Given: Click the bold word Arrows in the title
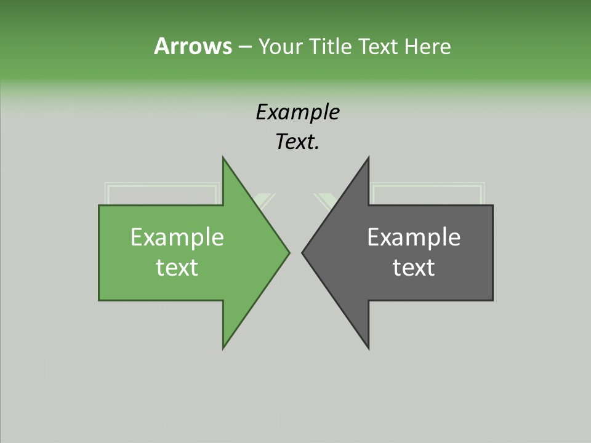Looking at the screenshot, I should click(193, 46).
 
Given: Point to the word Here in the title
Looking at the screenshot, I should click(427, 46).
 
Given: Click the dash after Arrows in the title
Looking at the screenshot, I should click(244, 47).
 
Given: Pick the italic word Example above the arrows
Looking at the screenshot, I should click(297, 112).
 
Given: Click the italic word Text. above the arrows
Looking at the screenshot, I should click(297, 142).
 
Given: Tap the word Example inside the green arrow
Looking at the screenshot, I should click(177, 237).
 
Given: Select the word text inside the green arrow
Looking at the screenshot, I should click(177, 268).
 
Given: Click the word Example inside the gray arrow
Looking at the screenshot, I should click(414, 237).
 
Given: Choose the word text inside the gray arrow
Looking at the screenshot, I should click(414, 268).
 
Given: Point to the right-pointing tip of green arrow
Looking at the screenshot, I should click(288, 252).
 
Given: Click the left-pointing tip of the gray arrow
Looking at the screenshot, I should click(304, 252).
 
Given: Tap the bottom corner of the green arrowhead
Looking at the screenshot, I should click(224, 347).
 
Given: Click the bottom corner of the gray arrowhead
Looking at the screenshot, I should click(368, 347).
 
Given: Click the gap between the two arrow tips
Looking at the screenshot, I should click(296, 252).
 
